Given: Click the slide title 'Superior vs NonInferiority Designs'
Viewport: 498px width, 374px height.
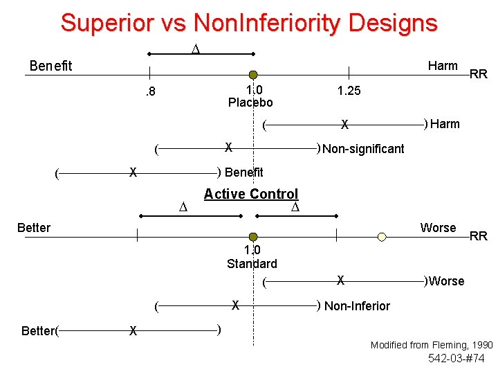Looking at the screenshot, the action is coord(249,22).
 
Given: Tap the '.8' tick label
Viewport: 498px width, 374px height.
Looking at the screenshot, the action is coord(149,91).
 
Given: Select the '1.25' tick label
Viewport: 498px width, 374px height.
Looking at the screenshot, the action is coord(349,91).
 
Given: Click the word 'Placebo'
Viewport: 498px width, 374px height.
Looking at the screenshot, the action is coord(250,103).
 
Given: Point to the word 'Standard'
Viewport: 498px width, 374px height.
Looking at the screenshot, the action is coord(252,263).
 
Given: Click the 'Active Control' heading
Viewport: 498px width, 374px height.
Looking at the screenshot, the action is coord(251,194).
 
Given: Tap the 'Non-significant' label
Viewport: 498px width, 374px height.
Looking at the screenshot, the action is coord(363,148).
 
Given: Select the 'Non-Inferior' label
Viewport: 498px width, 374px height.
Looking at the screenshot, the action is coord(357,305).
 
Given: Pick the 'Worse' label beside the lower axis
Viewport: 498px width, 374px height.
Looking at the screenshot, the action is coord(438,228).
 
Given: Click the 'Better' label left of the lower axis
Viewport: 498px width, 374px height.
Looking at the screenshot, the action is coord(34,228).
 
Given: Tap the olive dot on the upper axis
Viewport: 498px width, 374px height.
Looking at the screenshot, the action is coord(253,75).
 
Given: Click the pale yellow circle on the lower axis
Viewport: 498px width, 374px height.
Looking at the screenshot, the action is coord(382,237).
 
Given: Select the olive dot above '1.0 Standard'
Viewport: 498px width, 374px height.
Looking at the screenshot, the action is coord(253,237).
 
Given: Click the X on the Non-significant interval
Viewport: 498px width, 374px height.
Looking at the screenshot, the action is coord(228,147).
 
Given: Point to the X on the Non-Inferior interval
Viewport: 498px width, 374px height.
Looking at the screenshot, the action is coord(236,304).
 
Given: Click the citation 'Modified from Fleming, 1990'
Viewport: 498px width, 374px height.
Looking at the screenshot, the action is coord(432,344).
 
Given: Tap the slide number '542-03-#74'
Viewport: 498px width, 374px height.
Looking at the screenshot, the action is coord(456,358).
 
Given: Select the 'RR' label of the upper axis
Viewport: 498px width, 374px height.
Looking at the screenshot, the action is coord(479,74).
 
